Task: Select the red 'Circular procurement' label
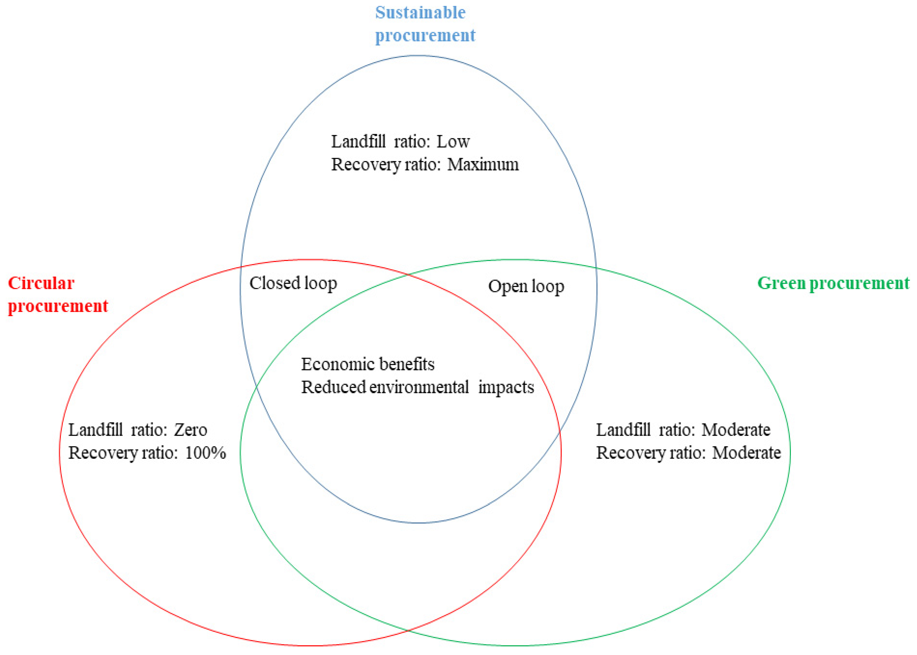tap(58, 294)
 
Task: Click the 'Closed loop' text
tap(293, 283)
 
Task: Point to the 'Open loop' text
tap(526, 286)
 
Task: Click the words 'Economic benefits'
tap(368, 364)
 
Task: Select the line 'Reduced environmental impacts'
tap(417, 387)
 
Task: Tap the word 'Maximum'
tap(483, 165)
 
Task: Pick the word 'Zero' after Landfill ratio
tap(191, 430)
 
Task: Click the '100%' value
tap(205, 453)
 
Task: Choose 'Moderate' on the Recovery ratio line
tap(746, 453)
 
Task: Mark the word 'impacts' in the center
tap(506, 387)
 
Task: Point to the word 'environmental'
tap(418, 387)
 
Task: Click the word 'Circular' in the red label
tap(41, 283)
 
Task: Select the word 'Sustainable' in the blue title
tap(420, 12)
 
